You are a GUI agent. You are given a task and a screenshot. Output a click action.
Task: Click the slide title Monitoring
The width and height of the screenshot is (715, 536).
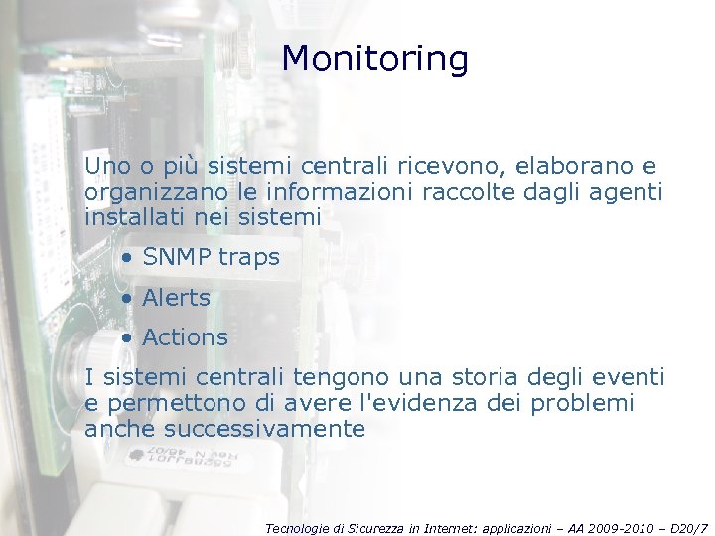pos(374,60)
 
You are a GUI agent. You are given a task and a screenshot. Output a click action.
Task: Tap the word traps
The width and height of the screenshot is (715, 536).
pos(249,258)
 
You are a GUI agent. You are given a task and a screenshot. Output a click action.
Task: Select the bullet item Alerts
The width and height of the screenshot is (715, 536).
pos(176,298)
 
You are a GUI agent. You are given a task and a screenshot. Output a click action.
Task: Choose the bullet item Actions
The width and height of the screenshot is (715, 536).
pos(185,337)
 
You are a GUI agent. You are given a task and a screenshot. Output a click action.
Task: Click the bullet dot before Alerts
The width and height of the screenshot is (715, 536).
pos(127,299)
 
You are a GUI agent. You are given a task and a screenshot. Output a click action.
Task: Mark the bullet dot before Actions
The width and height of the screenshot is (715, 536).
pos(127,338)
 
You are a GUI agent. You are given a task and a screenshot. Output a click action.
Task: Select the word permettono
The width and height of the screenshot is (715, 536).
pos(167,404)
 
